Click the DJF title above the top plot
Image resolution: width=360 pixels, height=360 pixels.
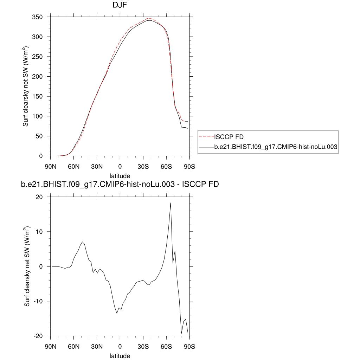pyautogui.click(x=120, y=5)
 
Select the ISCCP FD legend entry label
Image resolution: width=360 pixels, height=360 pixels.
pyautogui.click(x=229, y=137)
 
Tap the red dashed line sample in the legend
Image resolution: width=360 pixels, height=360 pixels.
pyautogui.click(x=206, y=137)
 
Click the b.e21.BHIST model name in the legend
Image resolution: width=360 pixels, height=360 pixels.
pyautogui.click(x=276, y=148)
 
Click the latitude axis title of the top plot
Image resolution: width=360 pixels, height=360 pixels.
pyautogui.click(x=120, y=175)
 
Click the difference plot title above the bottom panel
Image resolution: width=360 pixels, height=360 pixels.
pyautogui.click(x=120, y=184)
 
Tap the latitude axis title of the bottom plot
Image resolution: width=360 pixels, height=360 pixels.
pyautogui.click(x=120, y=356)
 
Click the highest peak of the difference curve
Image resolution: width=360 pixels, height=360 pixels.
pyautogui.click(x=171, y=203)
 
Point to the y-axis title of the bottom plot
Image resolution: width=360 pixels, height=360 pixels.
pyautogui.click(x=27, y=266)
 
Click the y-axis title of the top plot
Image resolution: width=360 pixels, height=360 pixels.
pyautogui.click(x=26, y=86)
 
